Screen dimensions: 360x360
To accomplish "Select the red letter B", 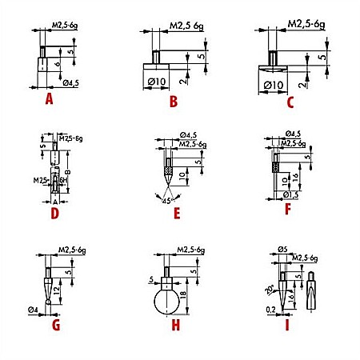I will click(x=172, y=101).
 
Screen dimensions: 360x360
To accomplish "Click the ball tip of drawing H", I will click(x=169, y=302).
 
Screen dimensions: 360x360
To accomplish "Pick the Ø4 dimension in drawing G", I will click(x=34, y=309).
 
